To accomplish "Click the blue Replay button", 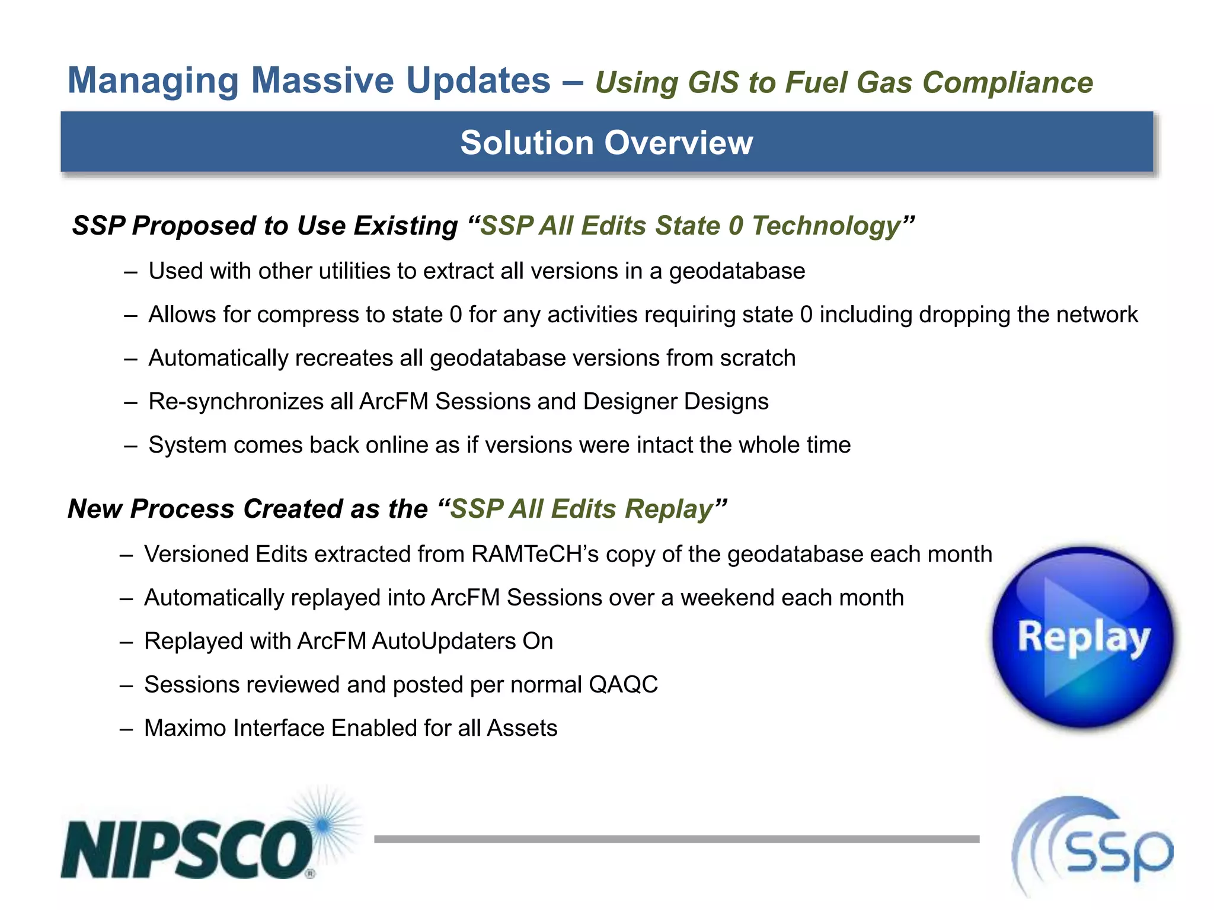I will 1084,637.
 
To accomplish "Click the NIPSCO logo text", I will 187,849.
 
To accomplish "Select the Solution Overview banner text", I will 606,143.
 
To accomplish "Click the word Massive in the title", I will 322,81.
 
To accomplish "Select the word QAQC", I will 623,685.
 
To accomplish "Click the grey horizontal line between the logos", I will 676,839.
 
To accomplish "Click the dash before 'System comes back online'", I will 130,446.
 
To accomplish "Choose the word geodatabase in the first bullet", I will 737,271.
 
